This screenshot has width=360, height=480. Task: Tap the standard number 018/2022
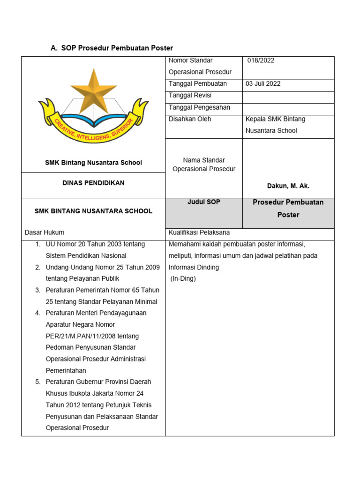(261, 60)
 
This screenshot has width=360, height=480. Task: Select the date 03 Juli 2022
(263, 84)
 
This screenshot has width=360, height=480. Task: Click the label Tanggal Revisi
(190, 96)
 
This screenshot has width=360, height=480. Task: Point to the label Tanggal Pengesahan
(199, 107)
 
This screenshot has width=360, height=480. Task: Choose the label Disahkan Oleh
(190, 119)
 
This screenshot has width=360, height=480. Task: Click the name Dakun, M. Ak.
(288, 186)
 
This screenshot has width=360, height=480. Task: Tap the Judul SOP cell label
(204, 202)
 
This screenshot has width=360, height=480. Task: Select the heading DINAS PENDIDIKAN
(93, 183)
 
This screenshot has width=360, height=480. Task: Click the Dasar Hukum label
(45, 232)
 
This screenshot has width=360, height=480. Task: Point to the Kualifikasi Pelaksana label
(199, 232)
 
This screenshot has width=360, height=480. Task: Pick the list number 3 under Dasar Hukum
(37, 290)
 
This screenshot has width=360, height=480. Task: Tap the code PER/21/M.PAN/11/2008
(92, 336)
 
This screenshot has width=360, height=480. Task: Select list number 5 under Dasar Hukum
(37, 382)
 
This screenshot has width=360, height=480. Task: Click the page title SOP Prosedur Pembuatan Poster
(117, 48)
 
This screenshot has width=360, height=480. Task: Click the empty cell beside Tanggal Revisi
(288, 96)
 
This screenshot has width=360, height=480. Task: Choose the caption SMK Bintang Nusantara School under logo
(93, 163)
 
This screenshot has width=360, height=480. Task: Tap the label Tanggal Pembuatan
(197, 84)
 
